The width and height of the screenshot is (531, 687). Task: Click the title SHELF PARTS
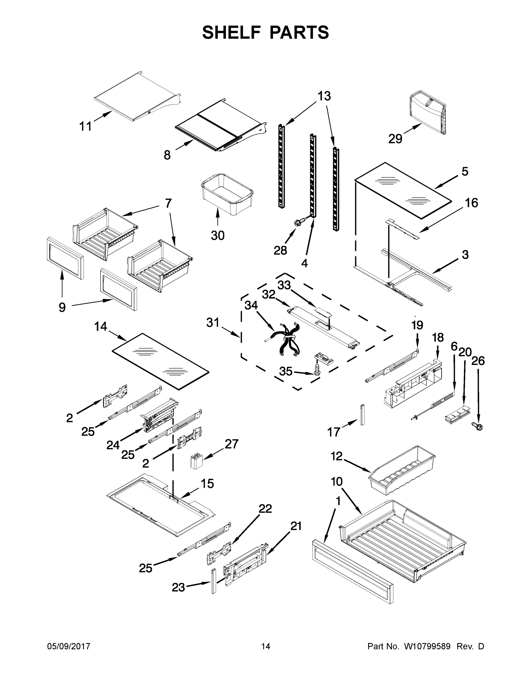coord(266,33)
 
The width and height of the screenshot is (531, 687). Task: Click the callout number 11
coord(85,126)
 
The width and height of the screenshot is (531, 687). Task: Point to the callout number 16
coord(471,203)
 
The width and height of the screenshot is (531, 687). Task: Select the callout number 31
coord(213,322)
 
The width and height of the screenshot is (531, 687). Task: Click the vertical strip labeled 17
coord(362,414)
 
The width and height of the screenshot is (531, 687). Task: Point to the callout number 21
coord(296,526)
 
